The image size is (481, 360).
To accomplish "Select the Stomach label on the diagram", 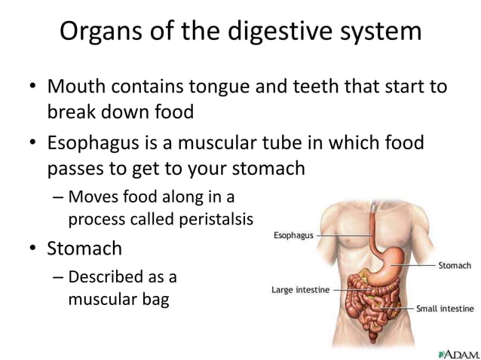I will [455, 265].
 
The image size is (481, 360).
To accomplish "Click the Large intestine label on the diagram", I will [300, 289].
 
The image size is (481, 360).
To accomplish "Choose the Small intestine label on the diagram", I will [445, 309].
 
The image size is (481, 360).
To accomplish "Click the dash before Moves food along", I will [59, 198].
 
